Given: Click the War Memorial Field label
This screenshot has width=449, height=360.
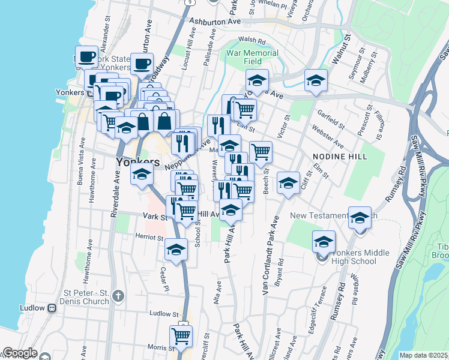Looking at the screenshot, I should tap(252, 57).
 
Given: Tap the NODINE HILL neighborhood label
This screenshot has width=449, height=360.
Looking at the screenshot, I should tap(335, 155).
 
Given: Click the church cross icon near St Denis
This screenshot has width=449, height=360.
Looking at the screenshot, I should tap(118, 295).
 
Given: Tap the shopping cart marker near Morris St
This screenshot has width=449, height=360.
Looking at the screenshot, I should tap(181, 337).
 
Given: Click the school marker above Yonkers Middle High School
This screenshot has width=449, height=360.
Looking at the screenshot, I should tap(324, 241).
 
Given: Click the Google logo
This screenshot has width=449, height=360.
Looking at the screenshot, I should tap(20, 353).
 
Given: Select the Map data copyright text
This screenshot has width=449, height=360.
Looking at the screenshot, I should tap(423, 355).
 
